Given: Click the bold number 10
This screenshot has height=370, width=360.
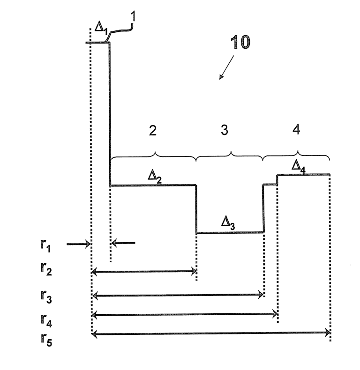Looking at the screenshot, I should (240, 43).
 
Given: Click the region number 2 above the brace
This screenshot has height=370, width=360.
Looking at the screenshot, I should (153, 131).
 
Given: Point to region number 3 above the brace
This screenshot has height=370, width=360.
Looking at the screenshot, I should (225, 131).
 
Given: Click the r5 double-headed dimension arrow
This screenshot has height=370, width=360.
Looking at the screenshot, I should (211, 333).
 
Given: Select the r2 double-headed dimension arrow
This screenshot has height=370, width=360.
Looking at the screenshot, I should (143, 271).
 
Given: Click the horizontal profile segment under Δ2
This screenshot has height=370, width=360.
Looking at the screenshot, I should (153, 186).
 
